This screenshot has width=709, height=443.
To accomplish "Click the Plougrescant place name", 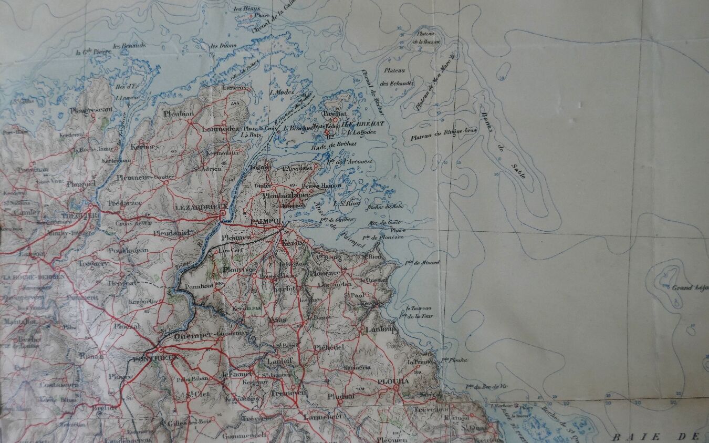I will tap(91, 110).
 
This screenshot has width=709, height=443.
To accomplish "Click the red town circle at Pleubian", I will tap(190, 121).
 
